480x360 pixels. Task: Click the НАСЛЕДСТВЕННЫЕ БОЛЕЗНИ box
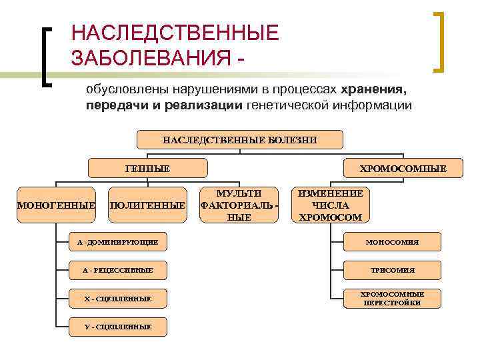pyautogui.click(x=240, y=139)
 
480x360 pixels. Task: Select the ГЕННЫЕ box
pyautogui.click(x=148, y=169)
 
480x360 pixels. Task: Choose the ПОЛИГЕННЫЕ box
pyautogui.click(x=147, y=205)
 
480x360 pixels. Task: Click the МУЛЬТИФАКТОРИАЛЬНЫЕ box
pyautogui.click(x=239, y=205)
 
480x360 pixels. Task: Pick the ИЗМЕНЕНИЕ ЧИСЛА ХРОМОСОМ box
pyautogui.click(x=331, y=205)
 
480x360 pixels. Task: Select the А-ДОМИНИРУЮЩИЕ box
pyautogui.click(x=118, y=242)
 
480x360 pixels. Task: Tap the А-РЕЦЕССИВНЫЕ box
pyautogui.click(x=118, y=270)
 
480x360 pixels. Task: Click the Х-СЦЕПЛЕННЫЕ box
pyautogui.click(x=118, y=298)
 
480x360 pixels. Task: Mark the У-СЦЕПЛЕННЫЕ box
pyautogui.click(x=118, y=326)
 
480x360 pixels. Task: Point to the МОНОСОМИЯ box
pyautogui.click(x=392, y=242)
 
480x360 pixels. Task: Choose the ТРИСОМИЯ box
pyautogui.click(x=392, y=270)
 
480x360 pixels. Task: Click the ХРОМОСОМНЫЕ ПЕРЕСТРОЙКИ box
pyautogui.click(x=392, y=298)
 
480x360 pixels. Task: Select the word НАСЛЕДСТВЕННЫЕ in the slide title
pyautogui.click(x=175, y=32)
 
